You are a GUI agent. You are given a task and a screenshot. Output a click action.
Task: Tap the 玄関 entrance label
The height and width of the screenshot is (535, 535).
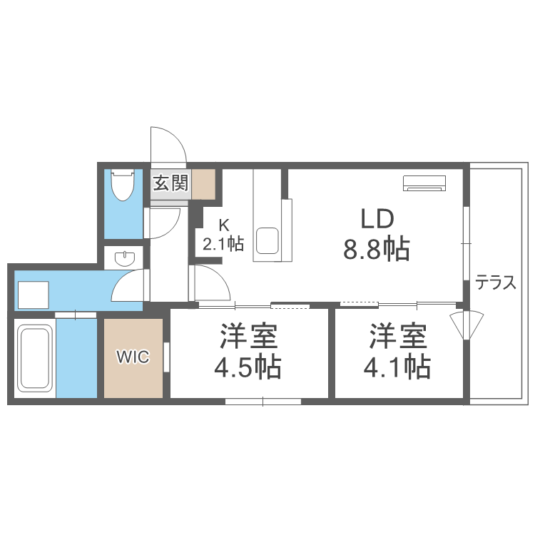point(170,183)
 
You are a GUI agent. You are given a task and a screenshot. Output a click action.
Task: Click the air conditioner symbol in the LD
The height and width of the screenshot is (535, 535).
point(424,183)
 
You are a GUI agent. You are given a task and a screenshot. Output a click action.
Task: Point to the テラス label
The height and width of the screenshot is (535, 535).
point(496,283)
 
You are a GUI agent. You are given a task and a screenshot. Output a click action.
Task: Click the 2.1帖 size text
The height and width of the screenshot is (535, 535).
point(223,245)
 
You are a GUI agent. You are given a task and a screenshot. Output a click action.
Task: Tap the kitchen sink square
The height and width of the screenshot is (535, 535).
point(267,240)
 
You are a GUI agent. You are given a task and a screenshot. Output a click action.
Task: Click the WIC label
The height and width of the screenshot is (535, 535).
point(133,357)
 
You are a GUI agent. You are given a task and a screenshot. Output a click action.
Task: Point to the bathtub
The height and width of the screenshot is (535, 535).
point(34,358)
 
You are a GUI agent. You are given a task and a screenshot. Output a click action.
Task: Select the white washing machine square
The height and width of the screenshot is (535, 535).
point(33,293)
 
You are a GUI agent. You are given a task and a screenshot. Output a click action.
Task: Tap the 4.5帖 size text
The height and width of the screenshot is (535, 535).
point(248,367)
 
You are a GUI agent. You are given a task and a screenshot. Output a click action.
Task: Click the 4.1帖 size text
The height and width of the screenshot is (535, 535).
point(397,367)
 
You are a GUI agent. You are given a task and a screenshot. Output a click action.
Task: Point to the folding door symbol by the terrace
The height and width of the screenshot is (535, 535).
point(467,325)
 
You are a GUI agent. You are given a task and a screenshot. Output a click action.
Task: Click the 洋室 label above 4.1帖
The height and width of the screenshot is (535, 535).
point(397,335)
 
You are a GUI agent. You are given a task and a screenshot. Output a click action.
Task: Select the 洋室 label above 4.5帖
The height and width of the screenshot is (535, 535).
point(248,335)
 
